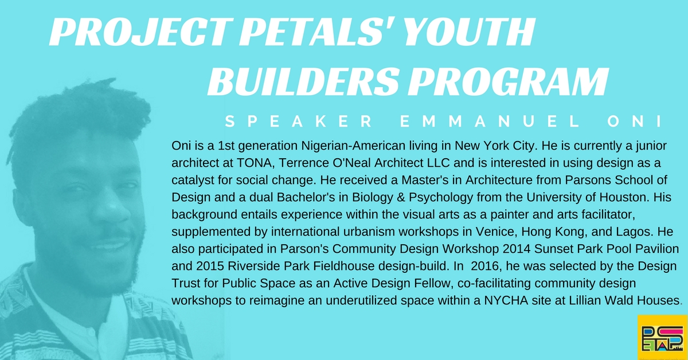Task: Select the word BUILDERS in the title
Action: point(303,81)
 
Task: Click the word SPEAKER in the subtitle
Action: point(299,121)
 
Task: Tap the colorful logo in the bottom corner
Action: point(663,337)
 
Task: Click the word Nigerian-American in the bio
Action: point(353,146)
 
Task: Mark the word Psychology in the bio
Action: point(441,198)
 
